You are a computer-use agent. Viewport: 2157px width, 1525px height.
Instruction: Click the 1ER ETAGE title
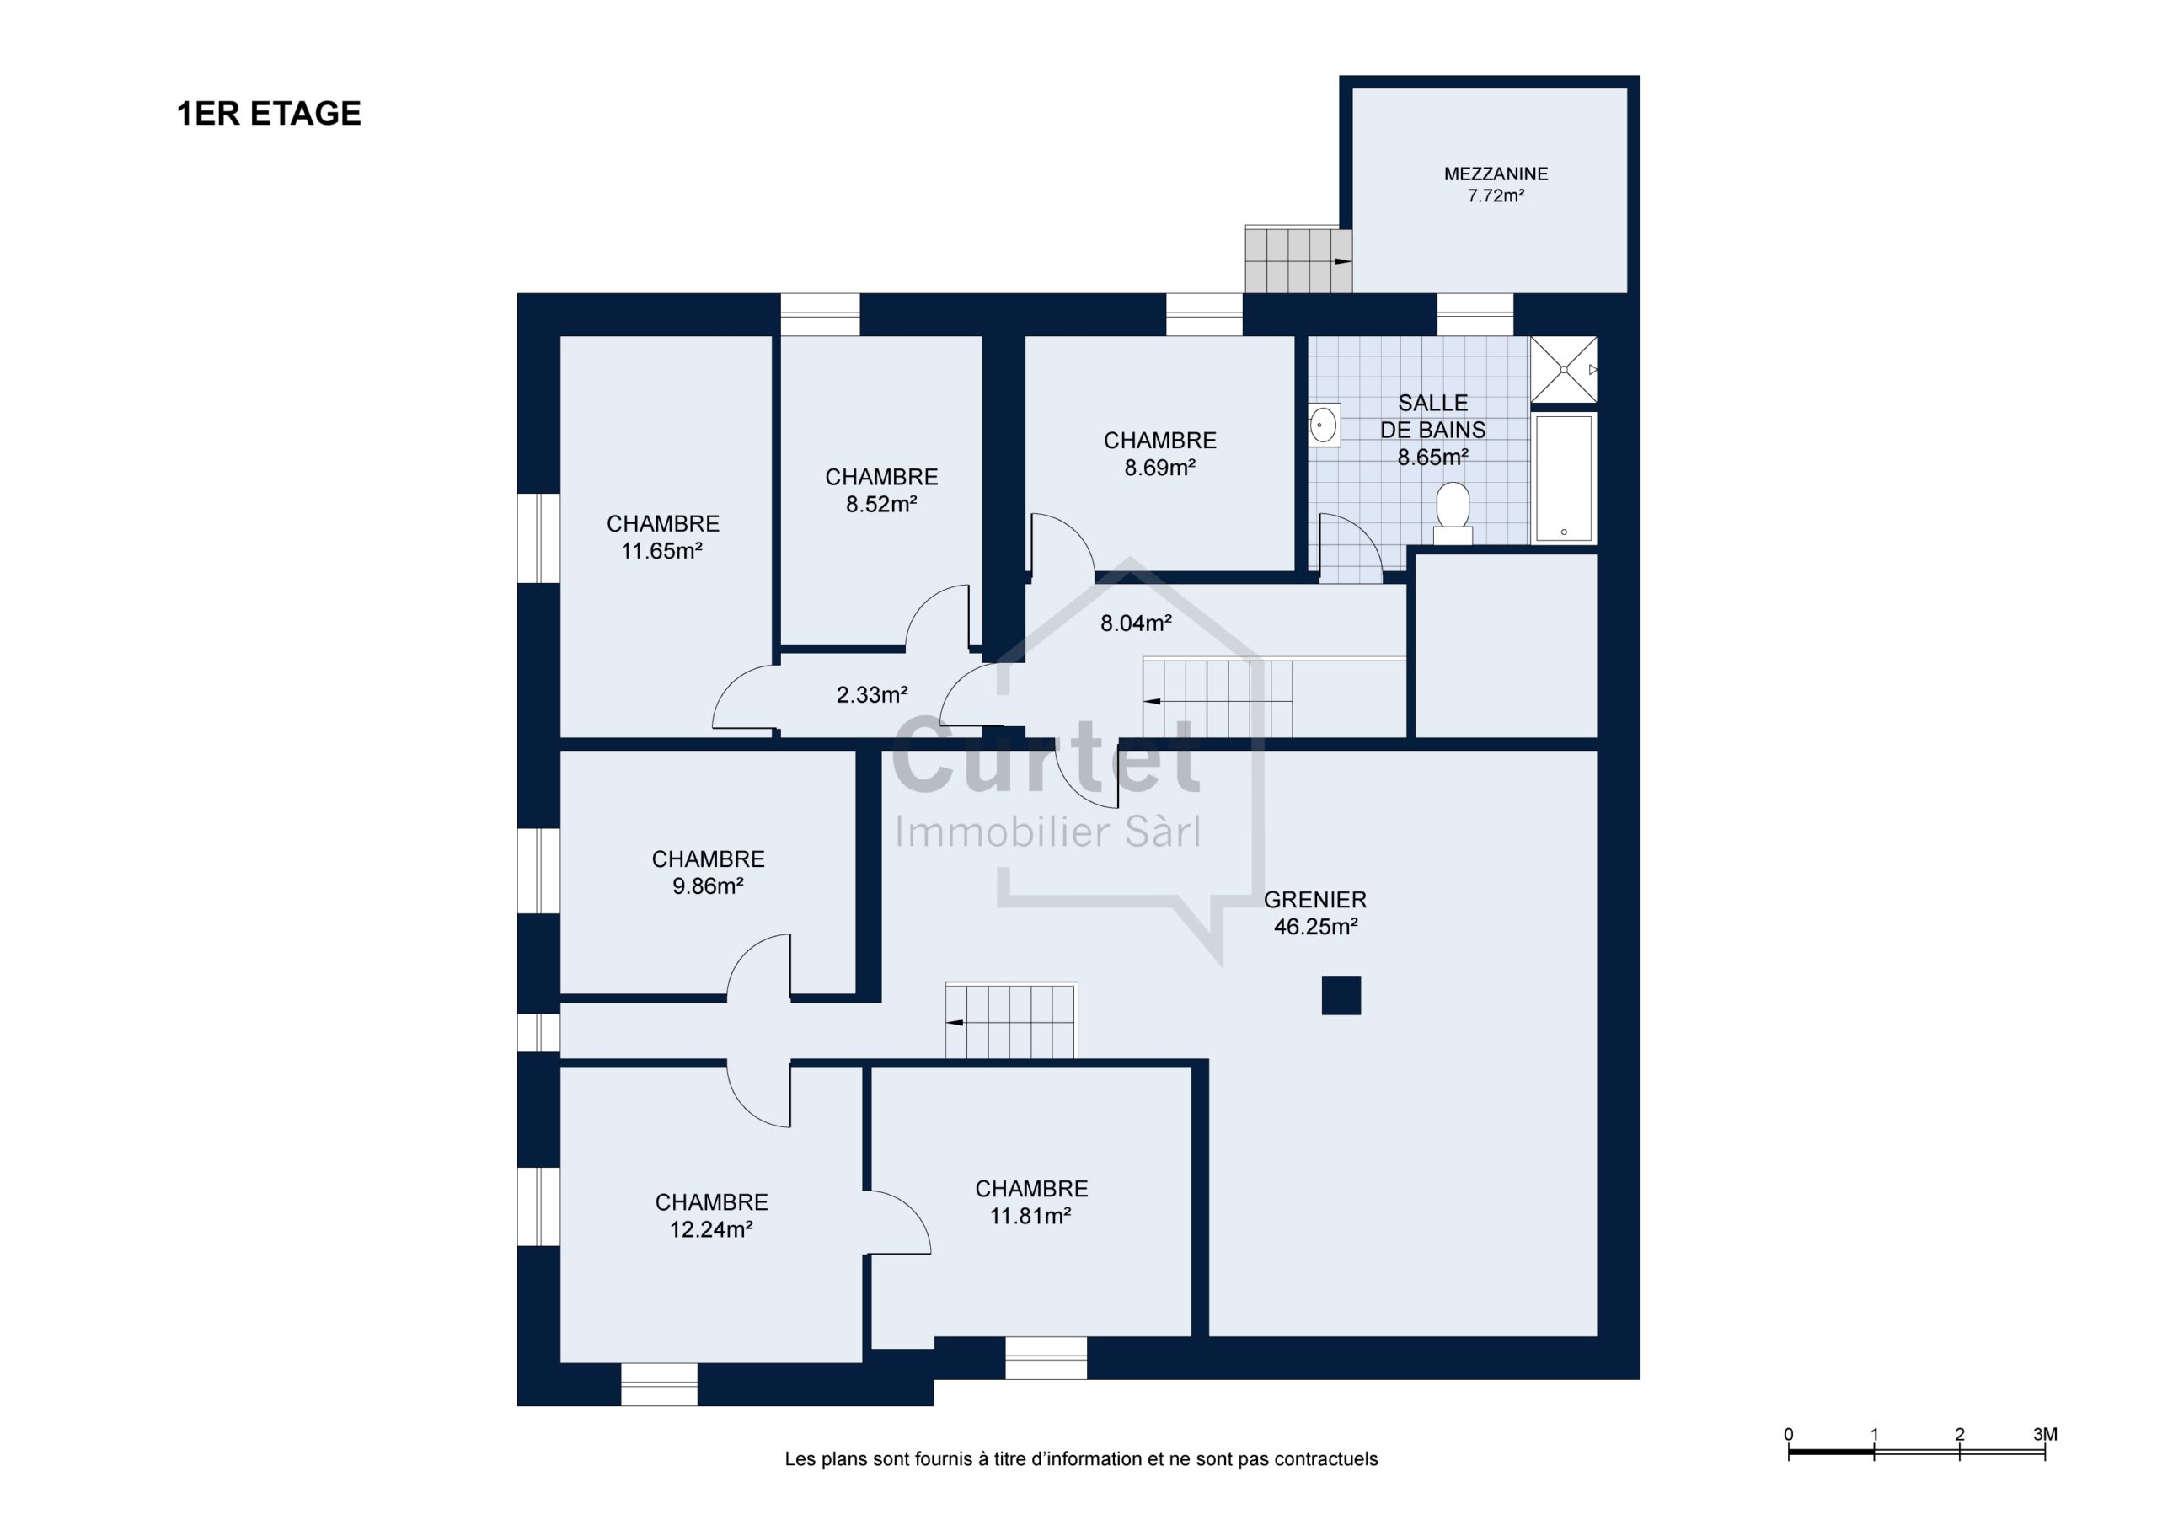269,114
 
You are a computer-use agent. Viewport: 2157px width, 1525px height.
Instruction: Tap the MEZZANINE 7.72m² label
1496,185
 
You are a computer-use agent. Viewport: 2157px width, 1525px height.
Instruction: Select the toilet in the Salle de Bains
1453,513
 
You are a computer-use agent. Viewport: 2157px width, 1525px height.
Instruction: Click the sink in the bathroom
1324,425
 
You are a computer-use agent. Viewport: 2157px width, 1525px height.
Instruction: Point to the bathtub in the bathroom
1563,479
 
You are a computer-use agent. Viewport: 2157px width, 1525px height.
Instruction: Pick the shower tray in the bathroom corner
1563,369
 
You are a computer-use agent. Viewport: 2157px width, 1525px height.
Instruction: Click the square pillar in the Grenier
1341,996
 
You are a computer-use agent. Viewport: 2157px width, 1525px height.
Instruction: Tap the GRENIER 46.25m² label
1315,913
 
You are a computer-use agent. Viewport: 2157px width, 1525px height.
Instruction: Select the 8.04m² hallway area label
1136,623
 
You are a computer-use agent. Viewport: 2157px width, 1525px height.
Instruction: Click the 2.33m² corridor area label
872,695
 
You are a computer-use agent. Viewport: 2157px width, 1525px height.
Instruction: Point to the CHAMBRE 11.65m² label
662,538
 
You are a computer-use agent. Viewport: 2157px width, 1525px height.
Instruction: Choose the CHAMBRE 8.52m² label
881,490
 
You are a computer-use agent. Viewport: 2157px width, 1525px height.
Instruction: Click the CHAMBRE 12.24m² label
711,1216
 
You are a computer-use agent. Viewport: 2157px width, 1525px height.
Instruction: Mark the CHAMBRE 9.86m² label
709,873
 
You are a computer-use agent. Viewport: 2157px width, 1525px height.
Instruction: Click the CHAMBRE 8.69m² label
1160,454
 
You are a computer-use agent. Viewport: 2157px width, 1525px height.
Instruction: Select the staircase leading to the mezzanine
1298,260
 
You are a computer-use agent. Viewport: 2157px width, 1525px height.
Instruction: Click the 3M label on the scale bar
2044,1435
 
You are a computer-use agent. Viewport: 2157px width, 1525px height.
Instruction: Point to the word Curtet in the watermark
1046,757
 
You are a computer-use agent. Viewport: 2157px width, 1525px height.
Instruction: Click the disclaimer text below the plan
1081,1459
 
